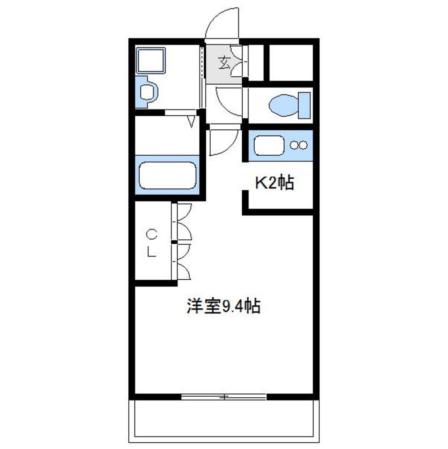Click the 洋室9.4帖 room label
223,306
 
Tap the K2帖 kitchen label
274,182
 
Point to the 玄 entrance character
224,63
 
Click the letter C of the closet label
152,235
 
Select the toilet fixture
290,105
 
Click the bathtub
167,175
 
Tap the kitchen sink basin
269,145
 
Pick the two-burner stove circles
299,145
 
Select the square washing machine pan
151,61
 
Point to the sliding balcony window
224,397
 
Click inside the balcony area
224,421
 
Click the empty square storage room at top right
291,63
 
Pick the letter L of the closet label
152,252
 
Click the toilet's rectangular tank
304,105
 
